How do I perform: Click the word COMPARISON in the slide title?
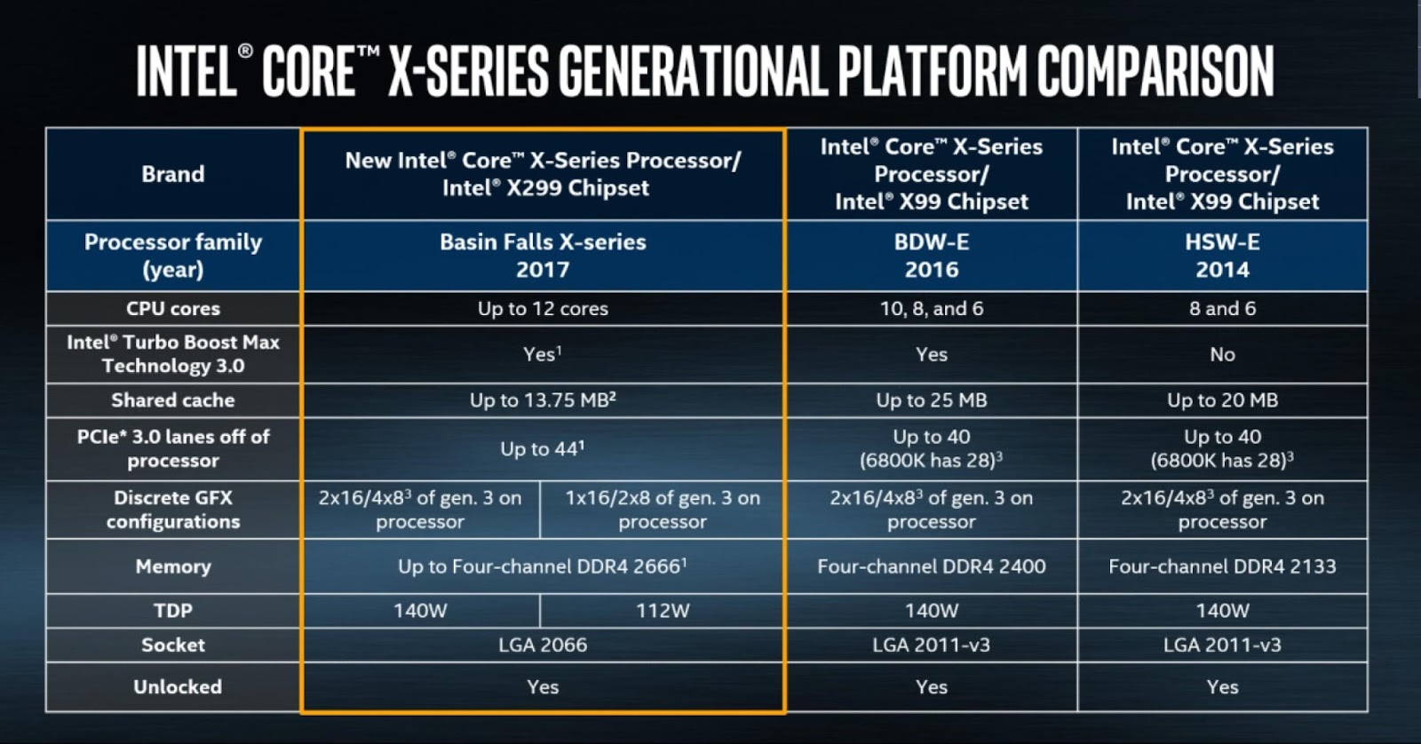coord(1155,71)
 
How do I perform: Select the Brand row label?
coord(173,174)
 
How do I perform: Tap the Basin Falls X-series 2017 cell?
coord(543,256)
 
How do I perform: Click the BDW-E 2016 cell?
coord(931,256)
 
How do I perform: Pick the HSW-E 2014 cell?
coord(1222,256)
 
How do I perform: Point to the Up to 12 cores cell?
coord(543,309)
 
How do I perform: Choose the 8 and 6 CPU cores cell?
coord(1222,309)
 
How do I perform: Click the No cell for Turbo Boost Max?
coord(1222,354)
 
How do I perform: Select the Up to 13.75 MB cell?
coord(543,400)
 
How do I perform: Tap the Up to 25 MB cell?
coord(931,400)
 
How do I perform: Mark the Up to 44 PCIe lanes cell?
coord(543,449)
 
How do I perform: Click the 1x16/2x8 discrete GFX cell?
coord(663,510)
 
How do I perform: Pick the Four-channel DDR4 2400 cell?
coord(931,566)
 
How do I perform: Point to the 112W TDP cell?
coord(663,611)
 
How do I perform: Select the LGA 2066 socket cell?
coord(543,645)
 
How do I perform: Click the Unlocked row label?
coord(178,687)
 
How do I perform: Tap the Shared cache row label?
coord(173,400)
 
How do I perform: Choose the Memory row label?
coord(173,566)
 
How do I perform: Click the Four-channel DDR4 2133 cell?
coord(1222,566)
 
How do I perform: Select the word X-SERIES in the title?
coord(471,71)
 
